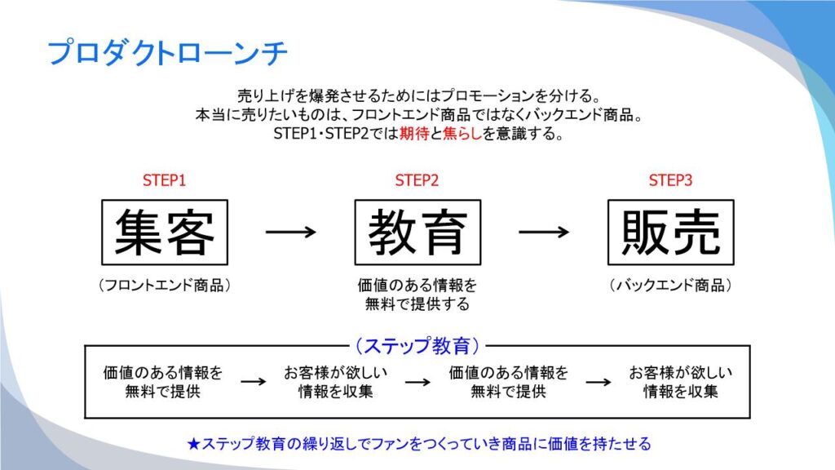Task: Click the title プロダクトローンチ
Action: coord(167,53)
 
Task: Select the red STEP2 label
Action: coord(417,180)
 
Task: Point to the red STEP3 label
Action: coord(670,180)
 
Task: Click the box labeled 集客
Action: coord(164,232)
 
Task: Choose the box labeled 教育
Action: coord(417,232)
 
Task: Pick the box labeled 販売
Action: coord(670,232)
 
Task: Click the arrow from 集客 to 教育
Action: coord(290,232)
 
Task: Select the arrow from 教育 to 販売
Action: coord(544,232)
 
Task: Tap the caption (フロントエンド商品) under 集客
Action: coord(164,286)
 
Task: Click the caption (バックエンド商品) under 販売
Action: coord(670,286)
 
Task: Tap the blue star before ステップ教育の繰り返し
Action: coord(192,444)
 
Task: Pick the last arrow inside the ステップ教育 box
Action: coord(599,382)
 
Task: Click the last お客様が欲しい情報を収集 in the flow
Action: coord(681,382)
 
